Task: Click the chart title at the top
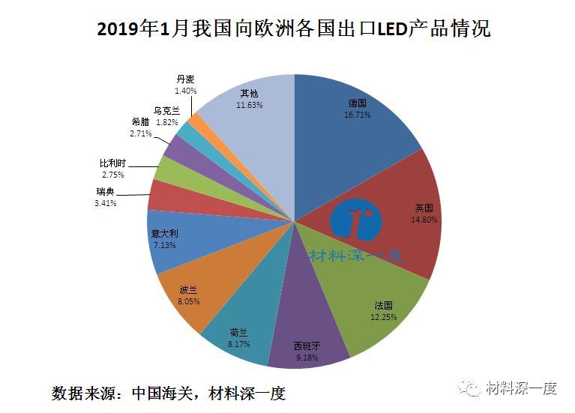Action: click(x=294, y=30)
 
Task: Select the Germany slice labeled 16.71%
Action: click(x=352, y=127)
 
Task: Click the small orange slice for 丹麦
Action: click(x=195, y=119)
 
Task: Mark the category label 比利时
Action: click(x=113, y=162)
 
